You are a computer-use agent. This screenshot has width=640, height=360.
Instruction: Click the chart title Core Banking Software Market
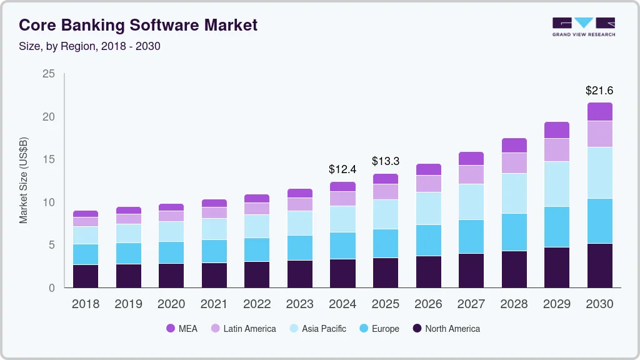tap(137, 26)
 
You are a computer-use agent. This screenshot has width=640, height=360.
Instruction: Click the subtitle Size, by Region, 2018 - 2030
tap(89, 46)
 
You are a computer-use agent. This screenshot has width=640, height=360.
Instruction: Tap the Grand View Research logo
tap(583, 26)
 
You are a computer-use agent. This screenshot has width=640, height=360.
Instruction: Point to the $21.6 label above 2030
tap(599, 91)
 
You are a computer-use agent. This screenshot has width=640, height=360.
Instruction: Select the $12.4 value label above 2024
tap(342, 169)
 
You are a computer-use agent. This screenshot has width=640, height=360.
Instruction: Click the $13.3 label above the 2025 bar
tap(385, 161)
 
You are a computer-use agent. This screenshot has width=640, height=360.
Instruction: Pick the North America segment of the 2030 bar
tap(599, 266)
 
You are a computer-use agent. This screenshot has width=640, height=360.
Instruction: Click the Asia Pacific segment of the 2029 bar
tap(556, 184)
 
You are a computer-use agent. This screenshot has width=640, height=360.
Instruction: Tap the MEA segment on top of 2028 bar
tap(514, 145)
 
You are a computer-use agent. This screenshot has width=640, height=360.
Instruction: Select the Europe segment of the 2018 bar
tap(85, 254)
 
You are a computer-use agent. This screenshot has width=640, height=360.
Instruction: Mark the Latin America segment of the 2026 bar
tap(428, 183)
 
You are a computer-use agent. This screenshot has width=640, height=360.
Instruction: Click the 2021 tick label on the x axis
tap(214, 304)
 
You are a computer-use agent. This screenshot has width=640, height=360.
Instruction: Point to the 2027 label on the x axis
tap(471, 304)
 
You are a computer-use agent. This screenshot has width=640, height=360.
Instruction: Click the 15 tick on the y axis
tap(48, 159)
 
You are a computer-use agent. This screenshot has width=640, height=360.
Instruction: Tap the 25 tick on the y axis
tap(48, 74)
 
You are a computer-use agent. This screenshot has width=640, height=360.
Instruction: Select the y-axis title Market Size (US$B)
tap(23, 180)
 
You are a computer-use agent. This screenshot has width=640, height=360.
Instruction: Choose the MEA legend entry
tap(182, 328)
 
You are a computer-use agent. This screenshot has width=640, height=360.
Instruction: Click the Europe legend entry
tap(379, 328)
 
